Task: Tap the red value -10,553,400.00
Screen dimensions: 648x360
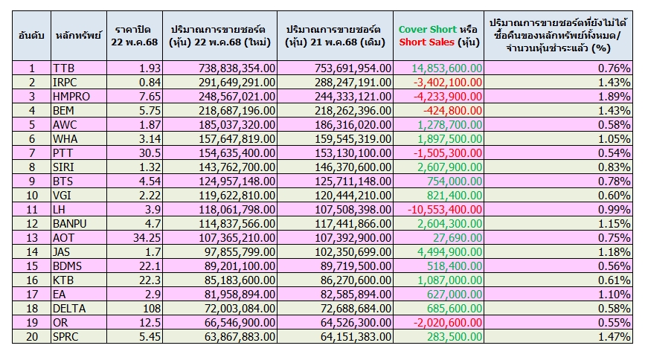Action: [445, 210]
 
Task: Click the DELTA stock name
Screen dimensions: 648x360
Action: [69, 309]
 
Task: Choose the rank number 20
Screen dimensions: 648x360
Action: [32, 336]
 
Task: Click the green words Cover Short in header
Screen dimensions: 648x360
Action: [427, 30]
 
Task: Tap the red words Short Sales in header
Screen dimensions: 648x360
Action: [426, 42]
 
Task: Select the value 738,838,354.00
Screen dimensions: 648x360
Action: [237, 68]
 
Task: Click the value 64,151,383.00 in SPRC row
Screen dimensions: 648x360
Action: [356, 336]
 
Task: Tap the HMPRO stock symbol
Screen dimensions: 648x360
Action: [71, 96]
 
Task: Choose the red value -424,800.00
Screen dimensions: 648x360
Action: [452, 111]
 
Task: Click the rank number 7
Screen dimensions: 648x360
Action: [32, 153]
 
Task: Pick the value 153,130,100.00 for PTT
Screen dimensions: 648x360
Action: [353, 153]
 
